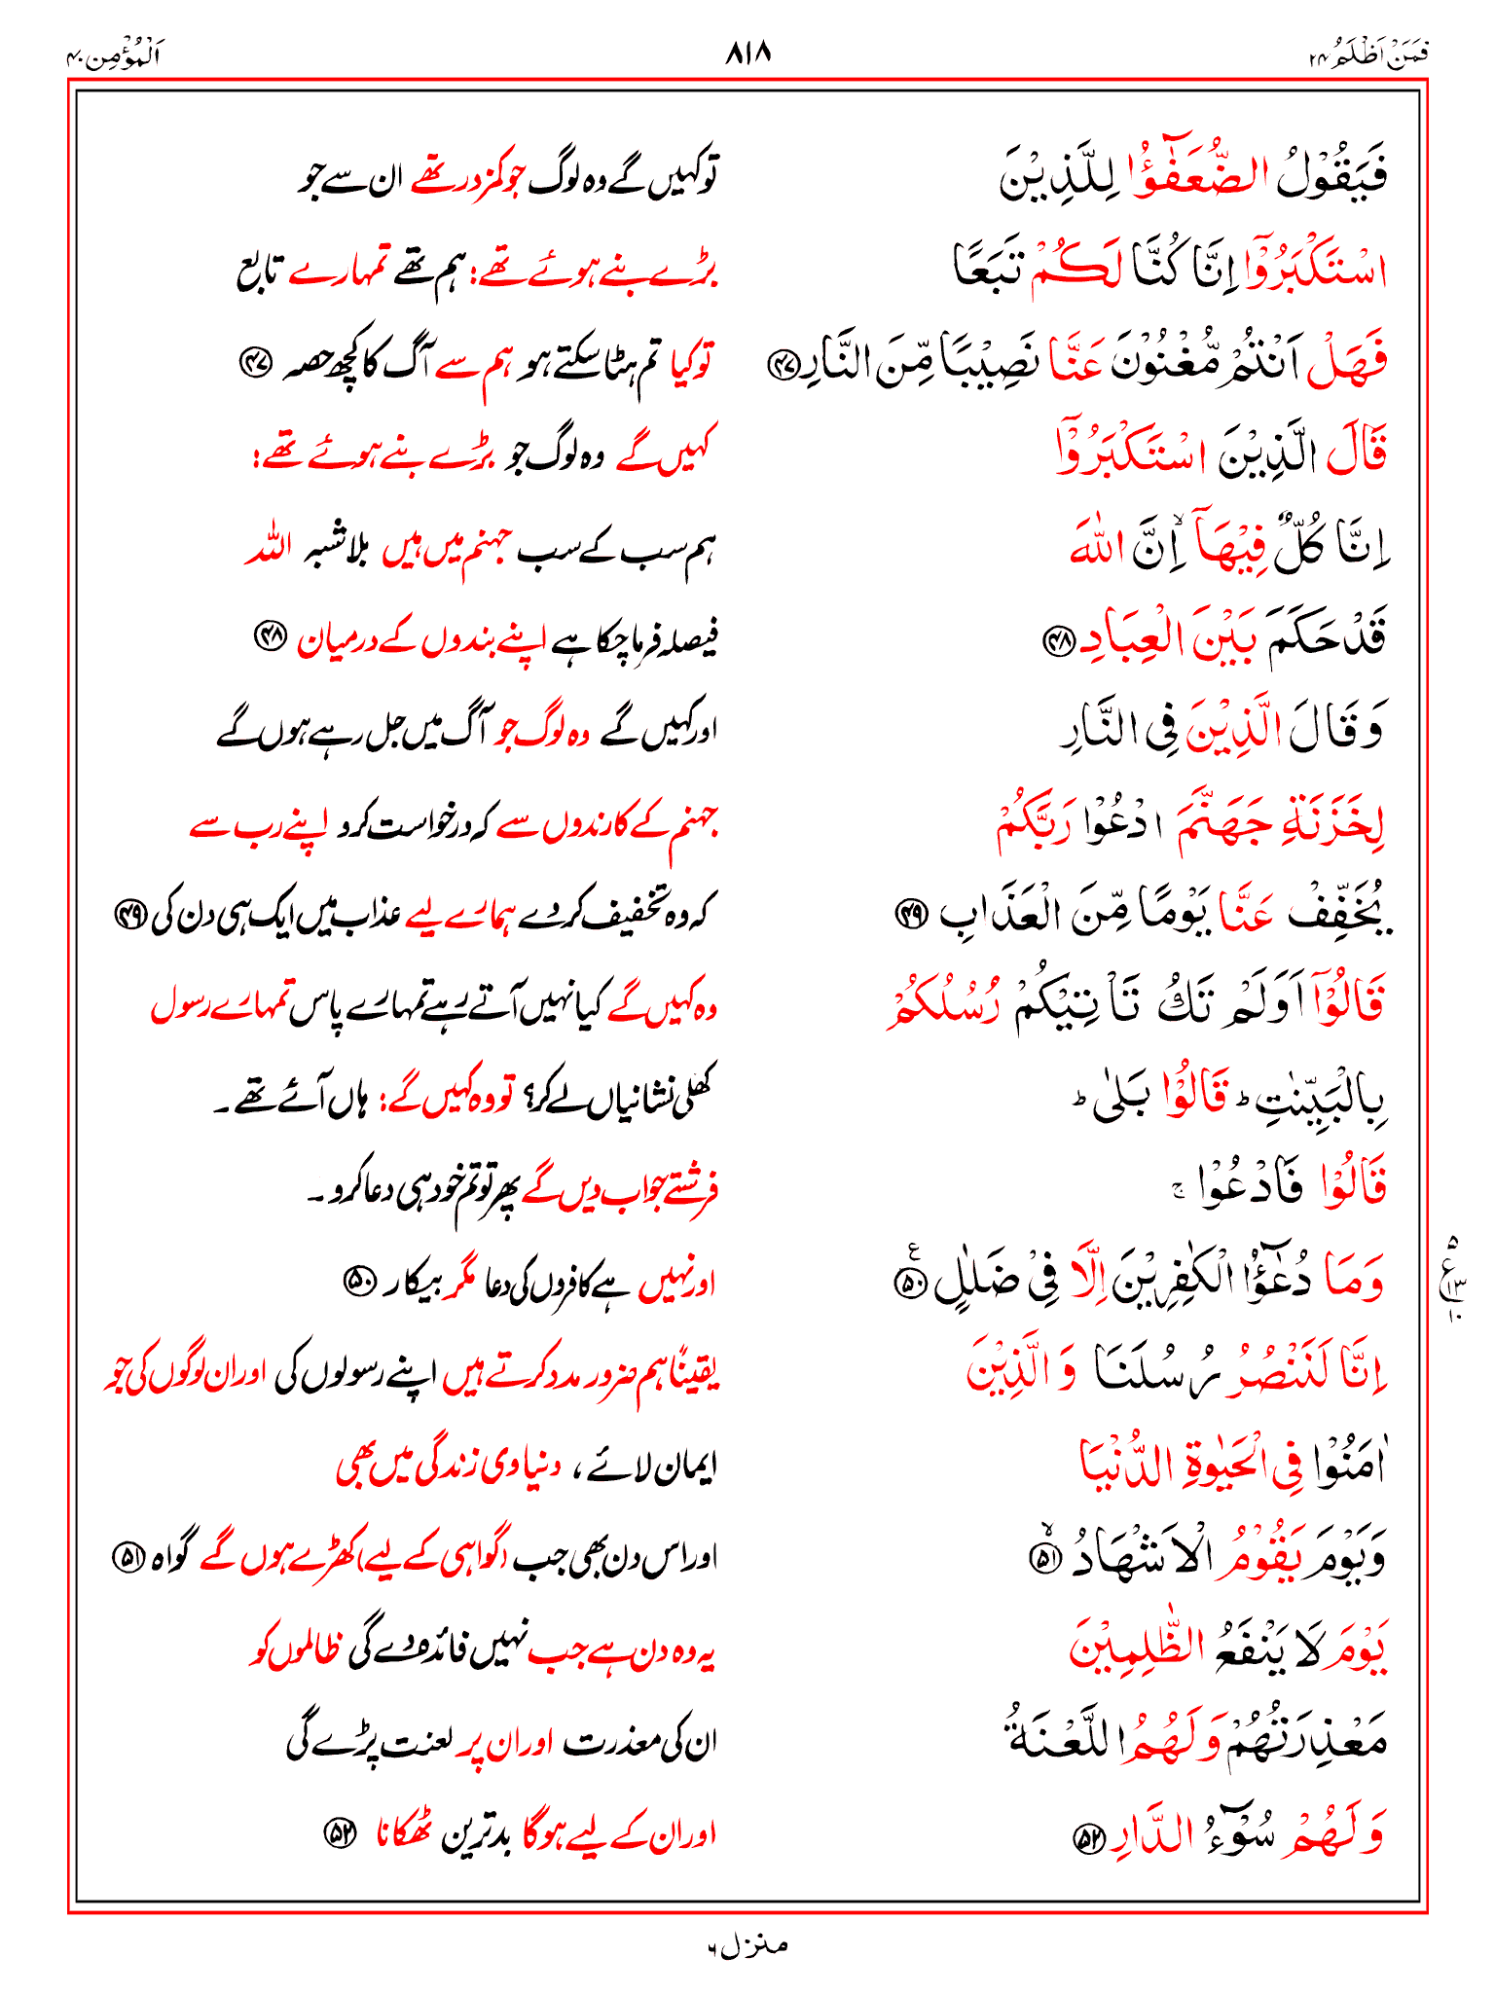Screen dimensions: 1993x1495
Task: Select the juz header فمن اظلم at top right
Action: tap(1369, 56)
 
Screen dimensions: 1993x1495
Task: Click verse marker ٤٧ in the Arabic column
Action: tap(782, 366)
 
